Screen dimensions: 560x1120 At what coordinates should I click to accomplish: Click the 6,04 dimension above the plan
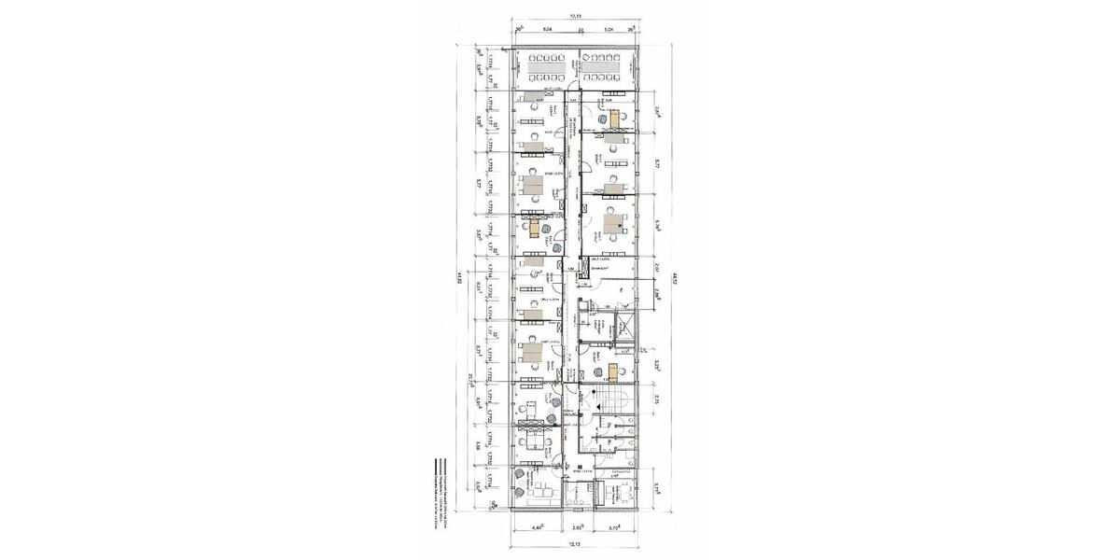click(x=548, y=30)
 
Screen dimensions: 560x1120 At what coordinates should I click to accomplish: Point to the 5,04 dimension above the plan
click(x=607, y=30)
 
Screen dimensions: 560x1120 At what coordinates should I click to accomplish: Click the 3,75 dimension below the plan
click(x=613, y=528)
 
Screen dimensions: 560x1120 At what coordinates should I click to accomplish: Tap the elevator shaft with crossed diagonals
click(x=622, y=330)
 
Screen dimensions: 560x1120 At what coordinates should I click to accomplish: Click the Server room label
click(x=599, y=267)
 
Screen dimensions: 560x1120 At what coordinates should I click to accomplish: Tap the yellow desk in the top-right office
click(x=618, y=119)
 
